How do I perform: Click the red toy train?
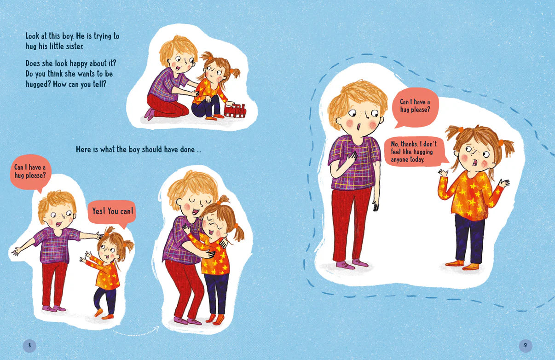[x=235, y=111]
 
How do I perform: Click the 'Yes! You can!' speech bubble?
[x=113, y=212]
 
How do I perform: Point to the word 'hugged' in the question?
[x=37, y=84]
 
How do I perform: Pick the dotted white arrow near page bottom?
[x=136, y=331]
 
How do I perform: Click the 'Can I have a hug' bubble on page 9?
[x=415, y=107]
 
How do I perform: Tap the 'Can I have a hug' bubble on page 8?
[x=30, y=171]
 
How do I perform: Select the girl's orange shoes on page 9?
[x=462, y=265]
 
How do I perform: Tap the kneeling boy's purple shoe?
[x=150, y=113]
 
